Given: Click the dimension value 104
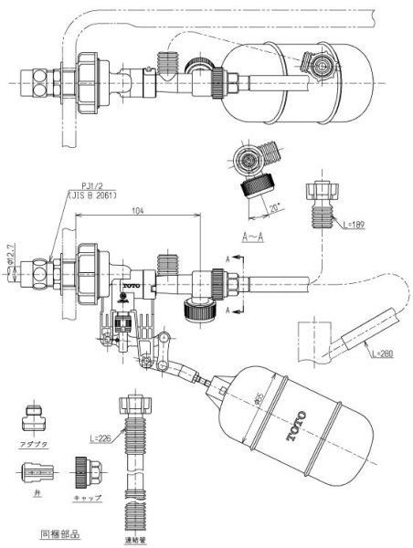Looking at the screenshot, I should tap(138, 209).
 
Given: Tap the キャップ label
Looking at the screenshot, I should tap(88, 497).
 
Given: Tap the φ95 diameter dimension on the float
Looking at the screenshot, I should tap(261, 400).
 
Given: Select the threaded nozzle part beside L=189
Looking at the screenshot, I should tap(324, 203).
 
